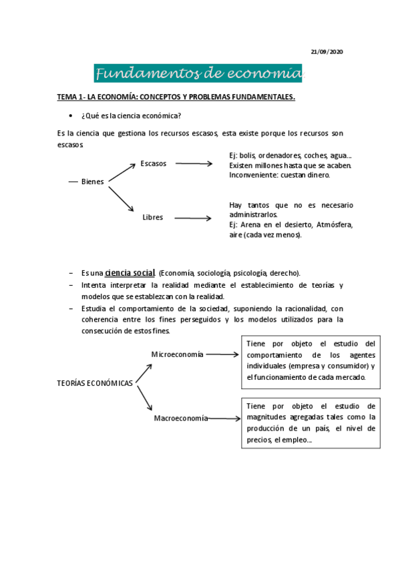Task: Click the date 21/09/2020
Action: click(x=327, y=52)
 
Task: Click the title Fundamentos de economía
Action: click(x=199, y=73)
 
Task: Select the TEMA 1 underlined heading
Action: click(x=176, y=97)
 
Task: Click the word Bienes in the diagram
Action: click(x=92, y=182)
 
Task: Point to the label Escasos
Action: click(x=154, y=164)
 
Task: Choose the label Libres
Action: click(x=153, y=217)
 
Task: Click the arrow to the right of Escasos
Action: click(x=194, y=164)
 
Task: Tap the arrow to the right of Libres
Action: click(x=192, y=218)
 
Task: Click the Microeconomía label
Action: click(x=177, y=354)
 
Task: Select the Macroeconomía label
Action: click(x=180, y=418)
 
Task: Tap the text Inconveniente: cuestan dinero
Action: click(x=279, y=175)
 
